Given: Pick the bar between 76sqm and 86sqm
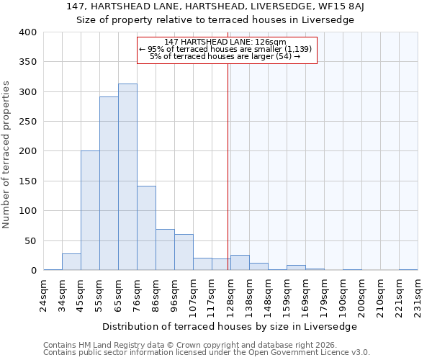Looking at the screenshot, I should (146, 228).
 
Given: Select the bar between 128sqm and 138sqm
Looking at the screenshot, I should (240, 263).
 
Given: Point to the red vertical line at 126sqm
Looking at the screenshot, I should (228, 158).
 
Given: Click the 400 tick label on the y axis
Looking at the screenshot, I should (27, 32).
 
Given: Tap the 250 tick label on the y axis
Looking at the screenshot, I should (27, 122).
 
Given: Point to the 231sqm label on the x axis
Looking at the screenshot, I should (418, 294).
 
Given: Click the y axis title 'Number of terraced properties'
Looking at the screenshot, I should (7, 154).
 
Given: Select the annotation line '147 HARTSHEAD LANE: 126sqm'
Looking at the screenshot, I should (225, 42).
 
